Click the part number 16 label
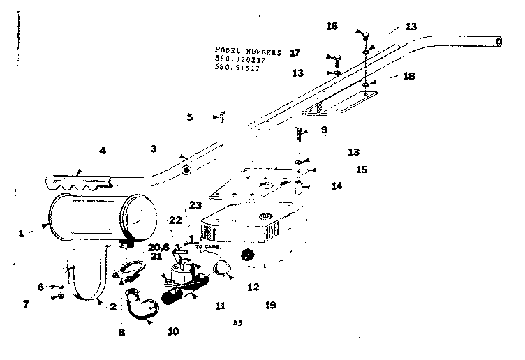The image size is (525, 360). point(332,26)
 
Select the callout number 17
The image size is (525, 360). point(295,52)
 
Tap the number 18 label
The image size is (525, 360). point(408,75)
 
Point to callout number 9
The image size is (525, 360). point(323,129)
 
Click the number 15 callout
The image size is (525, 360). point(361,169)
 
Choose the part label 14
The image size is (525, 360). point(337,186)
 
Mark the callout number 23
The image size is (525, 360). point(195,204)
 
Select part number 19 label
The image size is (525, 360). point(270,305)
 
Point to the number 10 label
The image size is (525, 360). point(173,331)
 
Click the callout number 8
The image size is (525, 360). point(121,333)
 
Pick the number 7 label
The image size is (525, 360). point(26,304)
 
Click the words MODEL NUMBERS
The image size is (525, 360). point(249,52)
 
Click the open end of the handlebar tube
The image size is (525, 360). point(498,42)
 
